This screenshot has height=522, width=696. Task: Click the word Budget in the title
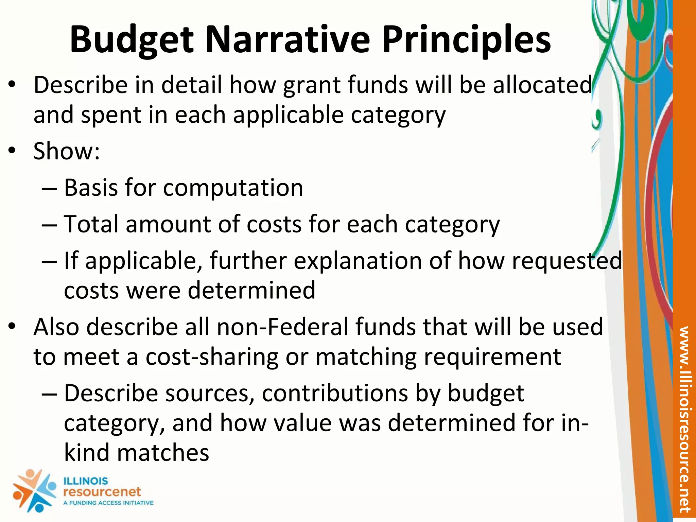[x=132, y=40]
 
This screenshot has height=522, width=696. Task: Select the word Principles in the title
[x=466, y=40]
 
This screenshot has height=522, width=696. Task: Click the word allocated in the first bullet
[x=543, y=85]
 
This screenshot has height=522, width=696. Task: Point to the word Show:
[x=67, y=151]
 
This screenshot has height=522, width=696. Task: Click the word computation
[x=233, y=188]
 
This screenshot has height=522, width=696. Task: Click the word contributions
[x=335, y=394]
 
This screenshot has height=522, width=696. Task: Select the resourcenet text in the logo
[x=102, y=491]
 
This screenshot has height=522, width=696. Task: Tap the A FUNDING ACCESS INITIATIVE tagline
[x=108, y=503]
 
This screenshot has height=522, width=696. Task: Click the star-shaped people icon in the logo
[x=34, y=490]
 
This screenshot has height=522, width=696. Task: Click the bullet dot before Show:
[x=12, y=151]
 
